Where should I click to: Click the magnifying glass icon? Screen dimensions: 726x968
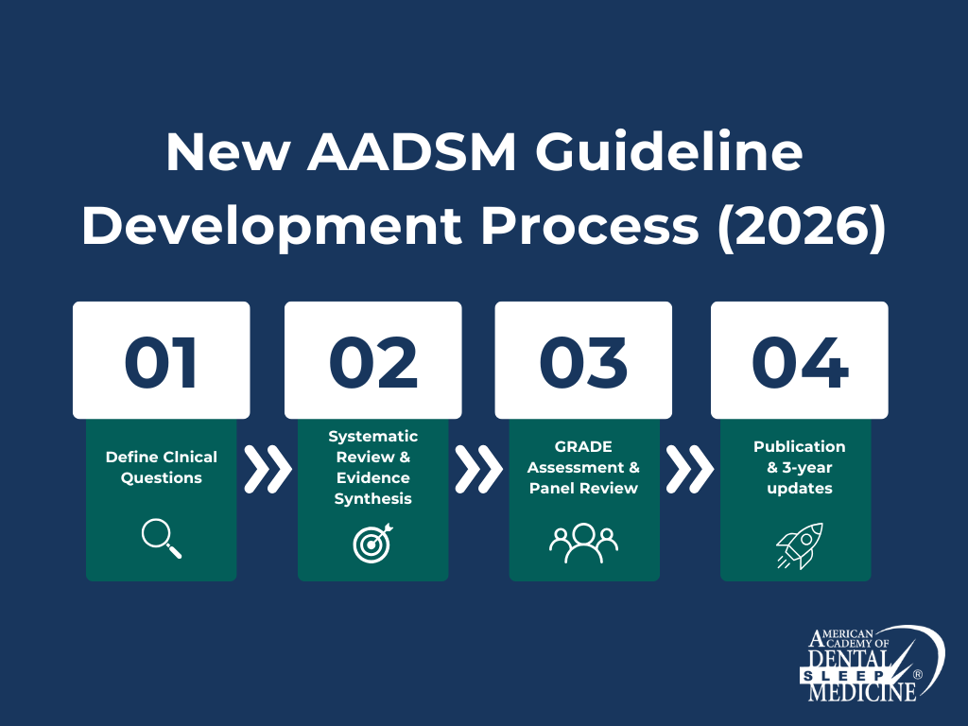[x=161, y=539]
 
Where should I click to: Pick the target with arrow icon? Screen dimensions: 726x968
[x=372, y=543]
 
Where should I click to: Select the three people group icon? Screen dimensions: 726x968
[x=583, y=543]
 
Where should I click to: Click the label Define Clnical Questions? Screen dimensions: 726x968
[x=161, y=467]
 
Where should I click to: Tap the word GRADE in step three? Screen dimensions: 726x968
[x=583, y=446]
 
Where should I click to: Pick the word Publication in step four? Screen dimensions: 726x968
[x=799, y=446]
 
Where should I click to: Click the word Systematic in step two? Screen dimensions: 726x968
[x=372, y=436]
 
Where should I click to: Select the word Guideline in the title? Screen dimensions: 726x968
[x=660, y=152]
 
